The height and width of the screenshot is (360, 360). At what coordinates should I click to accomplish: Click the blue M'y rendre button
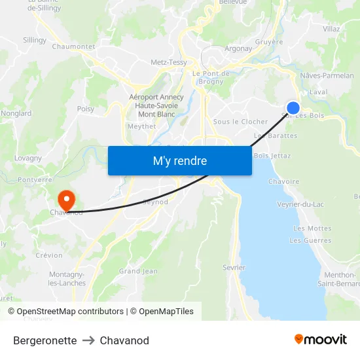click(179, 160)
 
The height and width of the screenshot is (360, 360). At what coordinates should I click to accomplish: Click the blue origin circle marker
click(293, 108)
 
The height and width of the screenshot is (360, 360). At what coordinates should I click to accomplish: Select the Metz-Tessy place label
click(169, 62)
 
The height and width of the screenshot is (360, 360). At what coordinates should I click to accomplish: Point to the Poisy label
click(86, 109)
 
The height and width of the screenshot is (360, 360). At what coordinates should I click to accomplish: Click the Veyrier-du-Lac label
click(300, 204)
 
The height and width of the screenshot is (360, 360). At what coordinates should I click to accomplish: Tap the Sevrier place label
click(234, 267)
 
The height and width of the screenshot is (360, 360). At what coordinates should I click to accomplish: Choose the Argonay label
click(238, 48)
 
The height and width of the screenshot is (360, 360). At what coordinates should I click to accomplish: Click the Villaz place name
click(331, 29)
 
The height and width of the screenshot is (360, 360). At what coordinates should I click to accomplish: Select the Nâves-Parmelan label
click(327, 76)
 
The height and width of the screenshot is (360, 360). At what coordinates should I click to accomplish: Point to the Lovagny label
click(28, 158)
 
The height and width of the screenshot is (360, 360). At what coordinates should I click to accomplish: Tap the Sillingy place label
click(35, 40)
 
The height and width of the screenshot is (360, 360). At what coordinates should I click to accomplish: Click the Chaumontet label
click(73, 46)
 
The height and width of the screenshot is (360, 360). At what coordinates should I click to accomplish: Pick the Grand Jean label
click(138, 271)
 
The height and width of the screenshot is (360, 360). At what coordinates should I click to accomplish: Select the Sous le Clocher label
click(241, 122)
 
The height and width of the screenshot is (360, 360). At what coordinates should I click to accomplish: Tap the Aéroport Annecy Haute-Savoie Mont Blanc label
click(156, 105)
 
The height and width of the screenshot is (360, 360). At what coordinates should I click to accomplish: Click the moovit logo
click(321, 339)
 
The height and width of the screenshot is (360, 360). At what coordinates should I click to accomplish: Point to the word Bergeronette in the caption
click(45, 340)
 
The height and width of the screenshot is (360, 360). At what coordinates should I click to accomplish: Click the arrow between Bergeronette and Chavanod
click(88, 340)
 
